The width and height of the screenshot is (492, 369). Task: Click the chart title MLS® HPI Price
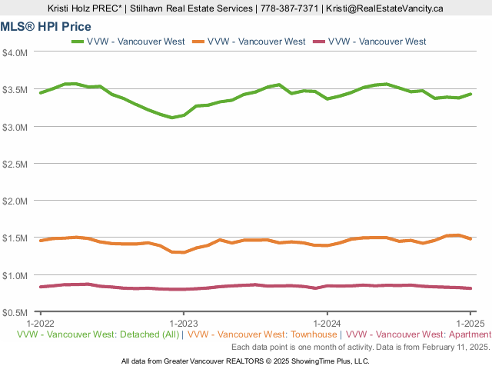[x=45, y=27]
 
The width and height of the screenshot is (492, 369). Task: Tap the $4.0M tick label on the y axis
[x=16, y=52]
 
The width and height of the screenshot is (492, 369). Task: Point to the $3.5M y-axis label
[x=16, y=90]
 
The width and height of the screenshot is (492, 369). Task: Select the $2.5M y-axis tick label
[x=16, y=164]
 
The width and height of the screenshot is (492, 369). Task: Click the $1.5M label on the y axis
[x=16, y=238]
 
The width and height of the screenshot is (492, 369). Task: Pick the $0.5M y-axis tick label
[x=16, y=313]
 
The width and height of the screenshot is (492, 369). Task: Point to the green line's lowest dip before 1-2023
[x=172, y=118]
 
